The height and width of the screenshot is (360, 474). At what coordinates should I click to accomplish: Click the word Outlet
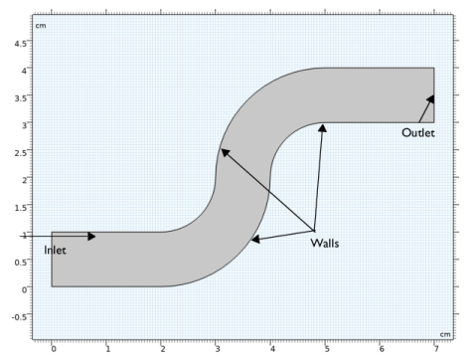coord(418,133)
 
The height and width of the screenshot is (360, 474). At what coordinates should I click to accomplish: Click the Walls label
coord(324,243)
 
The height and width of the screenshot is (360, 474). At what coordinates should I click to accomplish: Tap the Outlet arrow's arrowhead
coord(431,98)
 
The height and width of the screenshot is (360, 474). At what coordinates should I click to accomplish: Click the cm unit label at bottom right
coord(444,333)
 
